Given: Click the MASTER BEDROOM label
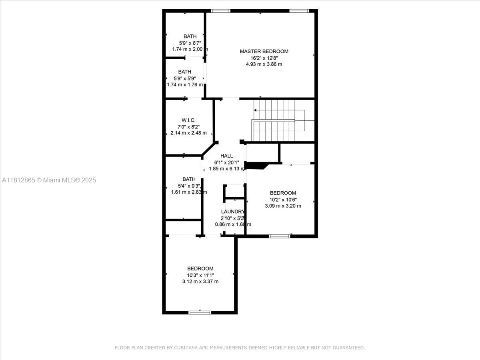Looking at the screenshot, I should (264, 51).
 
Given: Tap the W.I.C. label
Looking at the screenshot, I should (188, 120).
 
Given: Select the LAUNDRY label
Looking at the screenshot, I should (233, 212).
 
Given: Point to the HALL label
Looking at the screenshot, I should (226, 156).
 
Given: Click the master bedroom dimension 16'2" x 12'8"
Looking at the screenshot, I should (264, 58).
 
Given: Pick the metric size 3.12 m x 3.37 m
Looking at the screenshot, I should (200, 282).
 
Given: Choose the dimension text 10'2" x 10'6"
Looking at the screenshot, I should (283, 200).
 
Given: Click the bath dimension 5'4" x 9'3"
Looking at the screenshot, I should (189, 186).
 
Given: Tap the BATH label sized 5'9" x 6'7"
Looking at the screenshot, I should (190, 36).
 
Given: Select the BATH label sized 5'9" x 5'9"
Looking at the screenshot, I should (185, 72).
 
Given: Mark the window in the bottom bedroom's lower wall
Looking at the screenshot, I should (200, 312).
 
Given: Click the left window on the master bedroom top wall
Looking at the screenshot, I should (221, 11).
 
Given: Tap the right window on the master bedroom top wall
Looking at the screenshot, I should (299, 11).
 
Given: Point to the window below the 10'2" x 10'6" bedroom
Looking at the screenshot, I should (280, 236).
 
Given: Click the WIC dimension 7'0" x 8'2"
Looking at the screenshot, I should (188, 126).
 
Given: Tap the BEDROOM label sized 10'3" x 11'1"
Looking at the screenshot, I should (200, 268).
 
